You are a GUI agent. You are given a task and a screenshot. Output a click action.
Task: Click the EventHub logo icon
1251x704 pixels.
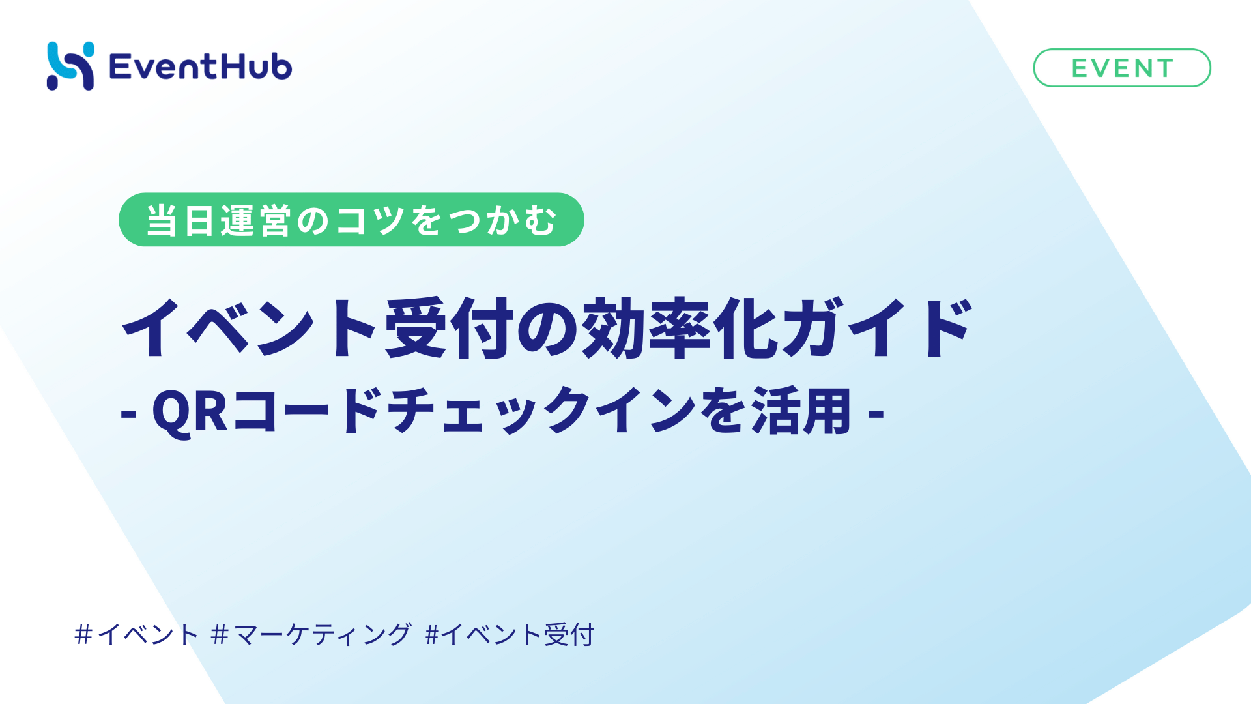tap(70, 66)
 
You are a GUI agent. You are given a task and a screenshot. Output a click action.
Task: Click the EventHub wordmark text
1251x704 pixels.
tap(201, 66)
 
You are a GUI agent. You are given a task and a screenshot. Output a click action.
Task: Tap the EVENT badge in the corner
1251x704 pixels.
tap(1122, 68)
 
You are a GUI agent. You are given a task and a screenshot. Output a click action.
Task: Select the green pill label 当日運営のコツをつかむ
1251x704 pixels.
tap(351, 220)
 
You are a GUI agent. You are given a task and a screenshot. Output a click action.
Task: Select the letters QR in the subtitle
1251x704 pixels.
tap(190, 411)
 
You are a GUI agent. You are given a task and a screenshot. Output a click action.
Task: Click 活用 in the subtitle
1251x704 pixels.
tap(801, 411)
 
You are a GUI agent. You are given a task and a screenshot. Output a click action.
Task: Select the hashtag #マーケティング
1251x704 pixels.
tap(311, 634)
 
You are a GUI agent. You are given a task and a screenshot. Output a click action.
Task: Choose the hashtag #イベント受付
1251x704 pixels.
tap(510, 634)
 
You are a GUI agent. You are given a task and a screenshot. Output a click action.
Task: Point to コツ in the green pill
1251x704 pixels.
tap(371, 220)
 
